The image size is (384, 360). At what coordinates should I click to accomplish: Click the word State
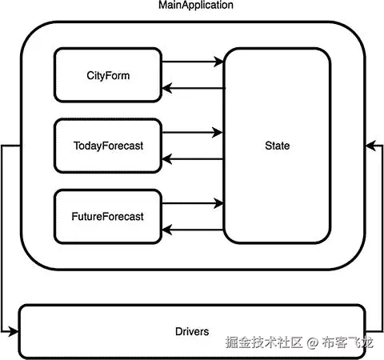coord(277,146)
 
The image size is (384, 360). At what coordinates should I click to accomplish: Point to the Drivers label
coord(191,331)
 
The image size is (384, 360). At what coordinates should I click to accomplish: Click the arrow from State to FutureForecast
coord(192,230)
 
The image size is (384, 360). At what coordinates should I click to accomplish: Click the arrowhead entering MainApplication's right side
coord(370,146)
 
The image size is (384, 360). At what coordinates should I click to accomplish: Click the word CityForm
coord(108,76)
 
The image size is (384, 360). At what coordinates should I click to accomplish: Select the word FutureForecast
coord(108,217)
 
